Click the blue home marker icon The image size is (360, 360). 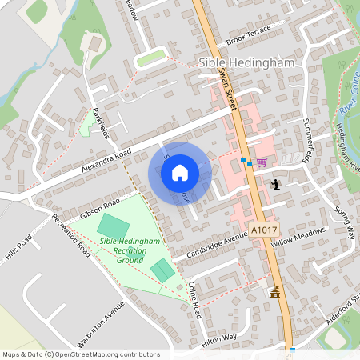tap(180, 172)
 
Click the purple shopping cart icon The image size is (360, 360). tap(262, 162)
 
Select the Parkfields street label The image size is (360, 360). tap(101, 122)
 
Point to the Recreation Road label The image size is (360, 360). tap(71, 233)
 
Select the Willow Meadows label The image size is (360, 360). tap(299, 238)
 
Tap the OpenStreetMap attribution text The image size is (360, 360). tap(81, 354)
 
